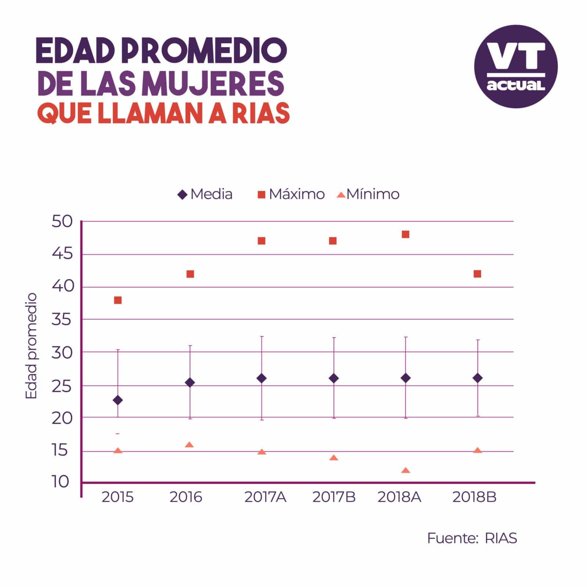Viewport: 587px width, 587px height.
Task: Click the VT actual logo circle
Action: (x=516, y=66)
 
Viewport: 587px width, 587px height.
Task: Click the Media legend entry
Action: (x=205, y=194)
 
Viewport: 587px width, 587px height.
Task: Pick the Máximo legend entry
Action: (x=291, y=194)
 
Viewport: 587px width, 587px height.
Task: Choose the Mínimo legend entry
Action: (x=368, y=194)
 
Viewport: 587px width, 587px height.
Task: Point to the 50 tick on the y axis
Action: (x=62, y=222)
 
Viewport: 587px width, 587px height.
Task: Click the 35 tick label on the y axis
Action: (x=62, y=320)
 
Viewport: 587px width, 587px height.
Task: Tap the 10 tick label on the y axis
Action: (x=61, y=482)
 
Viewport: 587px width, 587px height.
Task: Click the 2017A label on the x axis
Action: (x=265, y=497)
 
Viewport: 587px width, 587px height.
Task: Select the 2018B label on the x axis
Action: (x=474, y=497)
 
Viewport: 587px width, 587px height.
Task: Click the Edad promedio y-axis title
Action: (x=32, y=346)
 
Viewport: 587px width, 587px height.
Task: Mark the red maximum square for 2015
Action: (x=118, y=300)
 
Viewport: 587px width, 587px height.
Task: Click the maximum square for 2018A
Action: (x=406, y=234)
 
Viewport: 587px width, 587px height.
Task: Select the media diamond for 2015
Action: (x=118, y=400)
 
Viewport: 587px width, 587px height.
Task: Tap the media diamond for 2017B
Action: (x=334, y=378)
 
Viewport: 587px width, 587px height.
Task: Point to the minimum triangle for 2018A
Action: (x=406, y=470)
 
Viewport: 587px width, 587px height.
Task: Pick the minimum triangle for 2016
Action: (x=189, y=445)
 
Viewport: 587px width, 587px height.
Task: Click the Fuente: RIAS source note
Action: (x=472, y=538)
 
